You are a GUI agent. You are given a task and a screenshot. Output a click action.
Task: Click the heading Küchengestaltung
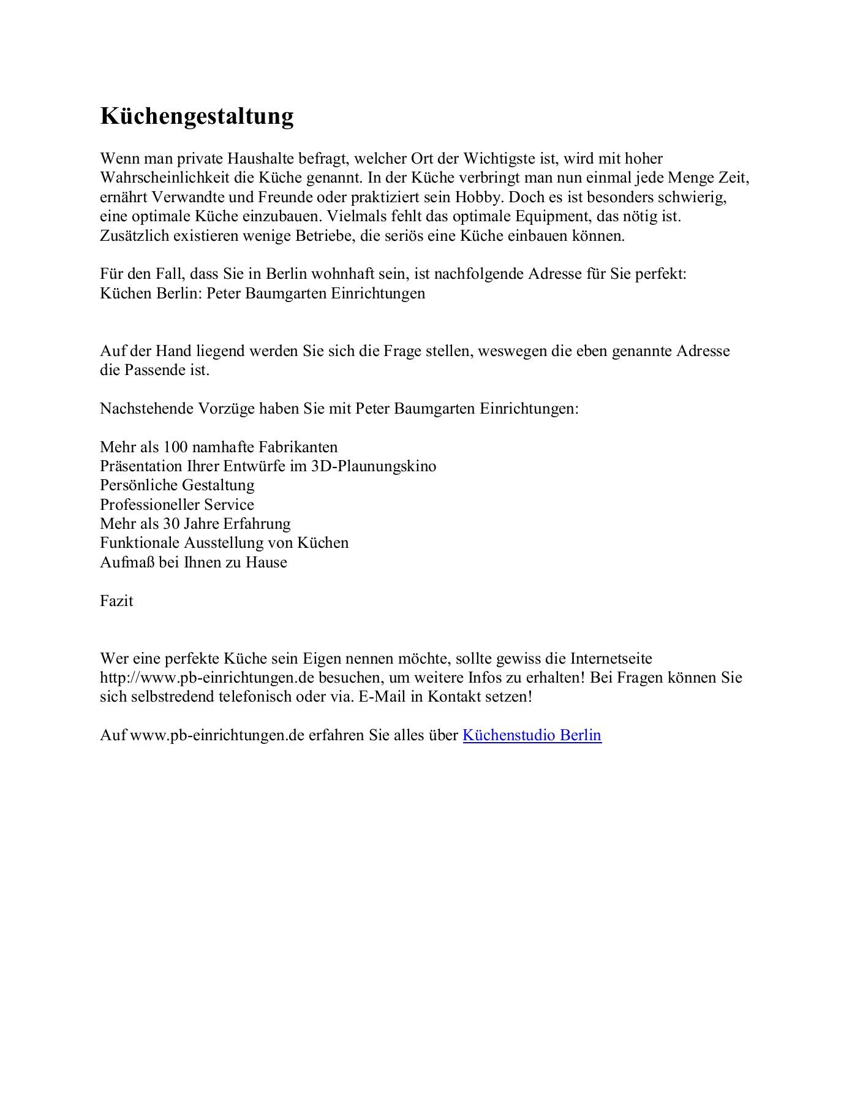pyautogui.click(x=197, y=116)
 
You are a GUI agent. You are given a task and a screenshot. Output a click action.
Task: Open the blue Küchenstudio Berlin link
pyautogui.click(x=532, y=735)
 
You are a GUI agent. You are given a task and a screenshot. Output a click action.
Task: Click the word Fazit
pyautogui.click(x=116, y=601)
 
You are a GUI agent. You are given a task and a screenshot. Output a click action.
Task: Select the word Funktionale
pyautogui.click(x=140, y=543)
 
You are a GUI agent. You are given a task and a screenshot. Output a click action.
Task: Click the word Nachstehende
pyautogui.click(x=146, y=409)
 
